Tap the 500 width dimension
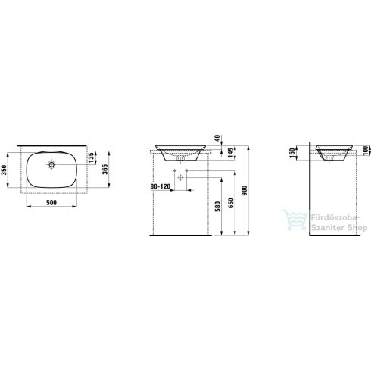pos(51,203)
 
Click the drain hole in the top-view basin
pos(52,164)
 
